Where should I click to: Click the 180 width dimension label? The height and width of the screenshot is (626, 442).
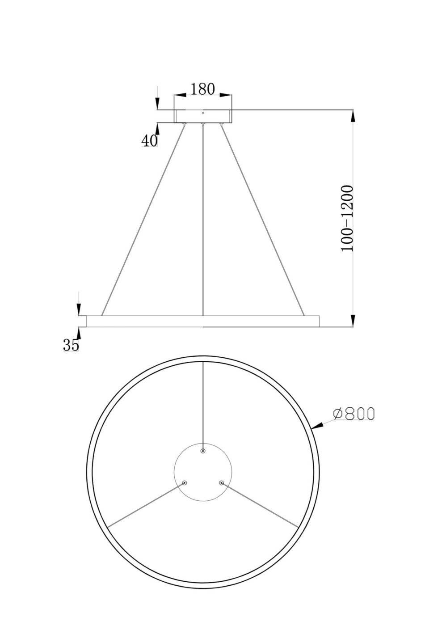202,89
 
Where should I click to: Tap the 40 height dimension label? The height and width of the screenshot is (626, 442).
149,140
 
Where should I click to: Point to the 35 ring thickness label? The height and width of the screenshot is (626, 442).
71,345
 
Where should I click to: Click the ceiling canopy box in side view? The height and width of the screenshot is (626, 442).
203,116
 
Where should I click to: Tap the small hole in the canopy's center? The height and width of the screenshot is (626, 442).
203,113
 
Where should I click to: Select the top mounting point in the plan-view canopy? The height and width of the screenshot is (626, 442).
203,452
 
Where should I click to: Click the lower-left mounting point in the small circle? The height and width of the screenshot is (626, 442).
185,483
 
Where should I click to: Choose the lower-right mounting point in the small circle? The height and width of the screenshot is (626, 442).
221,483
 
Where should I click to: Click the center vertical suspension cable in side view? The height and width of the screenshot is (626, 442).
203,219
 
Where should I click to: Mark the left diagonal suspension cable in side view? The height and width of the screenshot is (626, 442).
143,219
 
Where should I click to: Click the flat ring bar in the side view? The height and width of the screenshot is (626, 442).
203,321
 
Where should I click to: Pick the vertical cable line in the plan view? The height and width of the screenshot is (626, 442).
203,402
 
